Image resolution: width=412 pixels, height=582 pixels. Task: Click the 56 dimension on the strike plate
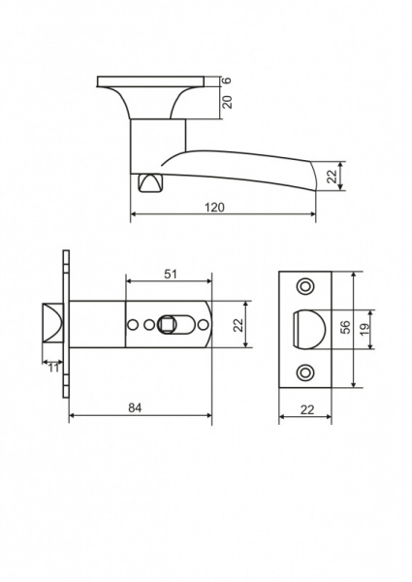[344, 327]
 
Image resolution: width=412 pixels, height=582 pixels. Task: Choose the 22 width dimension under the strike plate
[306, 410]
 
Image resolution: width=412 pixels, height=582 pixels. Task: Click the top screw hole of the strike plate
[307, 285]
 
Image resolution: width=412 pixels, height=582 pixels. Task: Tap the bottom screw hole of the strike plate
[307, 370]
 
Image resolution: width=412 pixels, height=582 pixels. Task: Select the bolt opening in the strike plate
[308, 327]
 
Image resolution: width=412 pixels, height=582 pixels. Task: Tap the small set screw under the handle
[148, 182]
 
